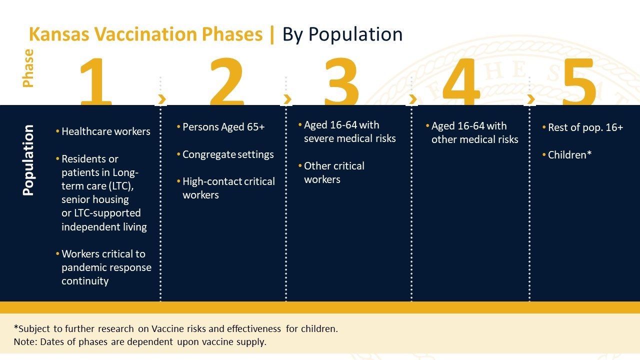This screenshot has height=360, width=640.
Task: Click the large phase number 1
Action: pyautogui.click(x=96, y=81)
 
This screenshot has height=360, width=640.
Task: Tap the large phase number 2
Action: pyautogui.click(x=227, y=81)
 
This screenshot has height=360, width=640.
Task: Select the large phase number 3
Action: pyautogui.click(x=341, y=81)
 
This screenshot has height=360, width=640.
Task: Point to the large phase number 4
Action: pyautogui.click(x=461, y=81)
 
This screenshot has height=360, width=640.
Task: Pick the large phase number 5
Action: pyautogui.click(x=579, y=81)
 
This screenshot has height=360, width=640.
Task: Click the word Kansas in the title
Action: pyautogui.click(x=59, y=34)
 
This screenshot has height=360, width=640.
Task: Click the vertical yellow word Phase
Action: pyautogui.click(x=28, y=68)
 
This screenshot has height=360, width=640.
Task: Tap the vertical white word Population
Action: pyautogui.click(x=28, y=160)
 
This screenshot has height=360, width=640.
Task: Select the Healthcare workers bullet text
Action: pyautogui.click(x=105, y=131)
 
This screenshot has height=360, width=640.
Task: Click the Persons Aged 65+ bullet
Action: pyautogui.click(x=223, y=127)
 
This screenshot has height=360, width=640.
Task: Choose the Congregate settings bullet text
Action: pyautogui.click(x=228, y=154)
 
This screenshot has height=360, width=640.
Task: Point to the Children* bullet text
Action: pyautogui.click(x=569, y=155)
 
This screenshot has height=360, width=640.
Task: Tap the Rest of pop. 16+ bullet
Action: pyautogui.click(x=585, y=127)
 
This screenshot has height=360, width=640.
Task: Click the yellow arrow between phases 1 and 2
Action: pyautogui.click(x=162, y=99)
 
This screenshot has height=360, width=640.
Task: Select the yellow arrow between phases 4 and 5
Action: pyautogui.click(x=531, y=99)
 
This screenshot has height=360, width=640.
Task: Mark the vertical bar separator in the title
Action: pyautogui.click(x=271, y=34)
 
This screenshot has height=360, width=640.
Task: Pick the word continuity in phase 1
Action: pyautogui.click(x=85, y=281)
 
